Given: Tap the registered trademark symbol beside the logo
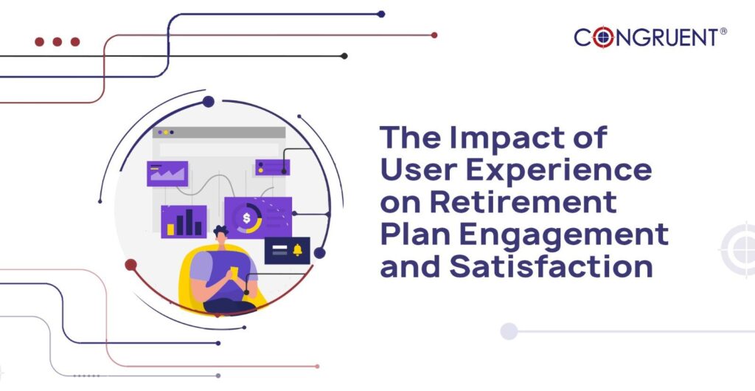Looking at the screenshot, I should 723,32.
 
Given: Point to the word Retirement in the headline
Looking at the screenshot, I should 523,202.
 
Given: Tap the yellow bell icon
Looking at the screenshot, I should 299,249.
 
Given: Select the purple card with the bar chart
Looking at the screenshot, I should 184,221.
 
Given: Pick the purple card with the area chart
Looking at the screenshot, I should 167,173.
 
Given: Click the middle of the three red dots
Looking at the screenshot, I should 57,42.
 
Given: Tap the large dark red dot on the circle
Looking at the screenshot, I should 131,264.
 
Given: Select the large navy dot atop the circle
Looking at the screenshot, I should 208,102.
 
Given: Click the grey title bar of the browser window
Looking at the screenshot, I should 219,132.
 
